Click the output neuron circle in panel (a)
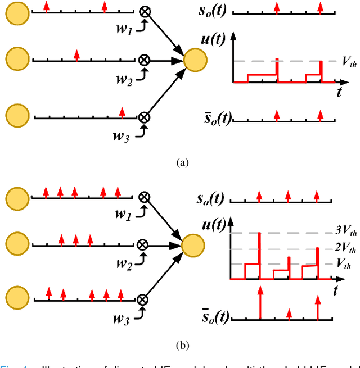[195, 60]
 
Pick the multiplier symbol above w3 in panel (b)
[143, 299]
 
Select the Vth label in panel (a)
[349, 62]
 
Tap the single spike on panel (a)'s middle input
[76, 54]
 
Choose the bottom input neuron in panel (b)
[17, 299]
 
